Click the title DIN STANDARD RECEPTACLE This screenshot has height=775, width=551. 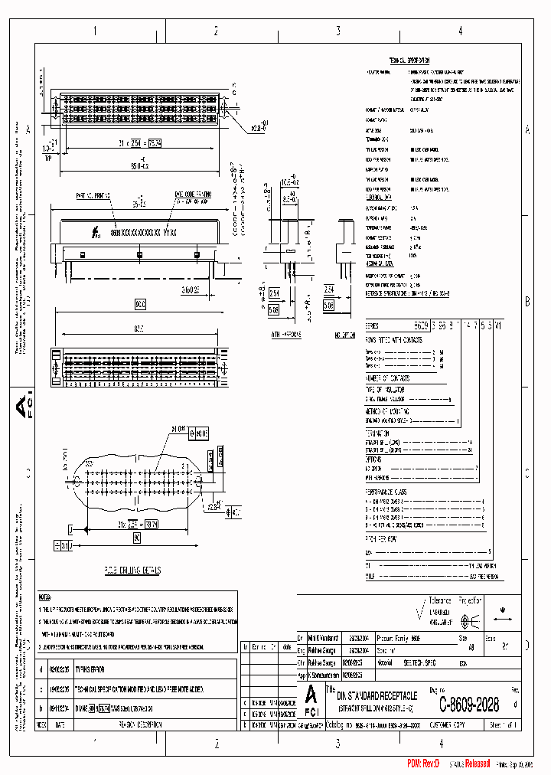372,695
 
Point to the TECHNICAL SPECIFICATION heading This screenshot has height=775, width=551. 409,60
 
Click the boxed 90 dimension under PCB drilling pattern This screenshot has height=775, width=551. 137,538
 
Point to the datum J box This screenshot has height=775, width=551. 70,528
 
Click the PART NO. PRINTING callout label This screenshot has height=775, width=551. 93,196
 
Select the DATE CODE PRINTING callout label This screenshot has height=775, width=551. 189,195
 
